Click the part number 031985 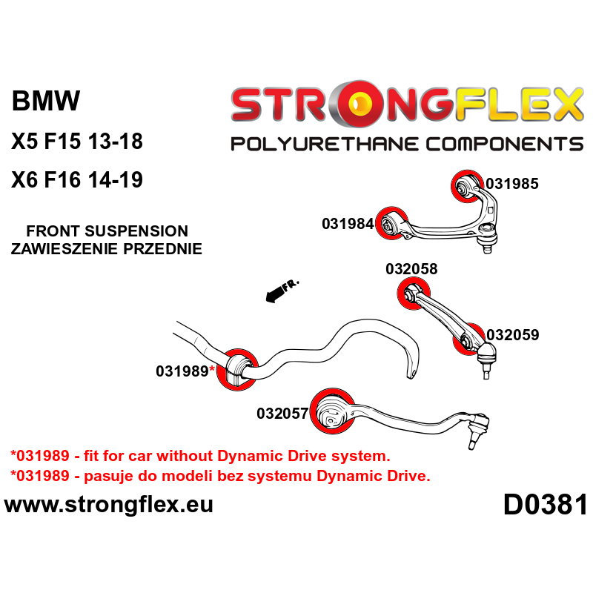click(511, 182)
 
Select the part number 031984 click(347, 223)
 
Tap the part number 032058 click(411, 270)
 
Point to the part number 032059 click(512, 334)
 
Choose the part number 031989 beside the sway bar click(182, 371)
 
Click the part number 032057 click(282, 414)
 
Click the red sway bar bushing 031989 click(239, 368)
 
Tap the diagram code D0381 click(545, 506)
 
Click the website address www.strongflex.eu click(109, 505)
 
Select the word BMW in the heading click(46, 102)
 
